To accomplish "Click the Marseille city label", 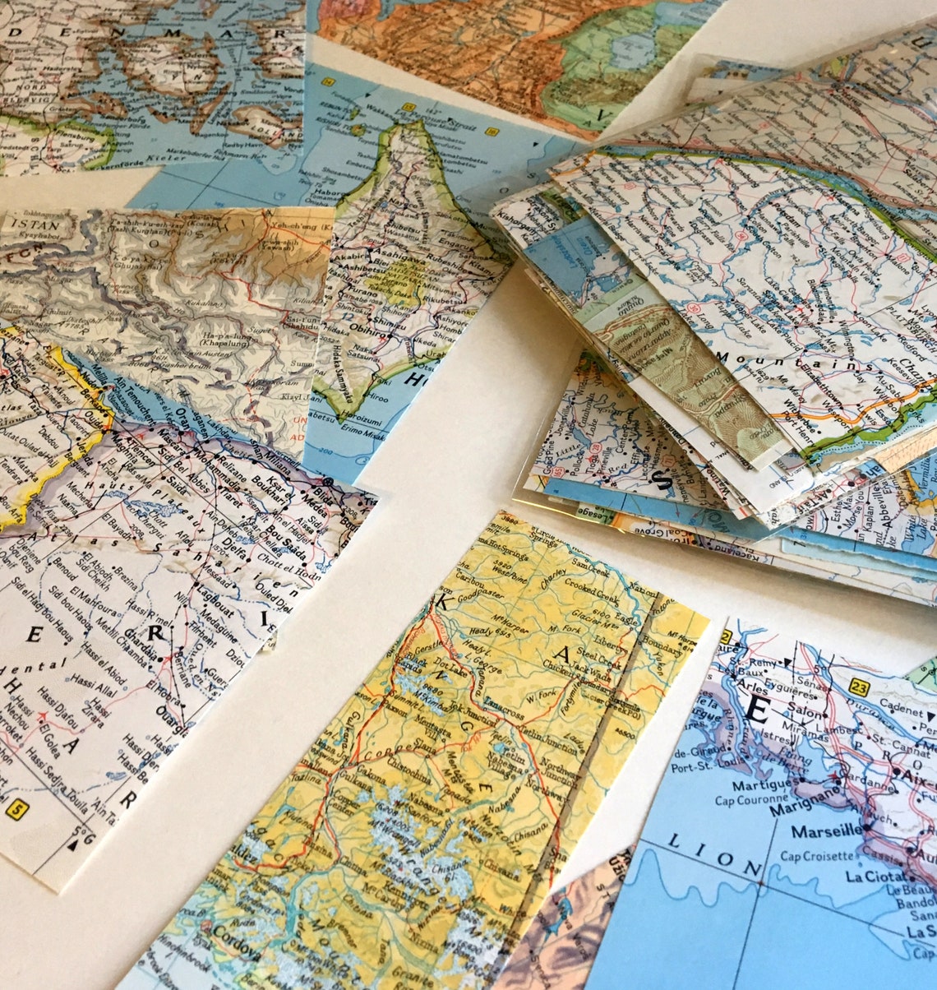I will coord(827,831).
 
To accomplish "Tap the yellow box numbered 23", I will coord(860,687).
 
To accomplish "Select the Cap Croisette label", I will coord(822,856).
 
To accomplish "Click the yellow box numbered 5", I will coord(16,810).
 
